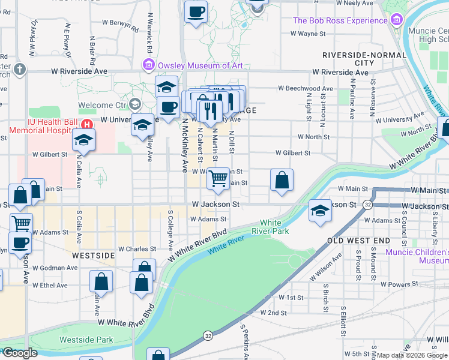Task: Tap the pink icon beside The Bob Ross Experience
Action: point(396,21)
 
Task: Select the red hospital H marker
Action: point(87,125)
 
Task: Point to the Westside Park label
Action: point(86,340)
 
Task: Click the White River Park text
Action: point(274,227)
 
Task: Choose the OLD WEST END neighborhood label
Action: point(358,241)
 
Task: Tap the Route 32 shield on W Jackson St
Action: point(367,205)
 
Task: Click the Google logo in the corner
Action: point(19,353)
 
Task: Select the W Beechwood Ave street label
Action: point(305,89)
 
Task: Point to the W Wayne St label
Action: point(308,34)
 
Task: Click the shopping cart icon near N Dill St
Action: point(219,177)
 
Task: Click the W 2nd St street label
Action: point(273,313)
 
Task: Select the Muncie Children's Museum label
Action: point(417,256)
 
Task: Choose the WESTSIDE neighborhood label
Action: point(92,255)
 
